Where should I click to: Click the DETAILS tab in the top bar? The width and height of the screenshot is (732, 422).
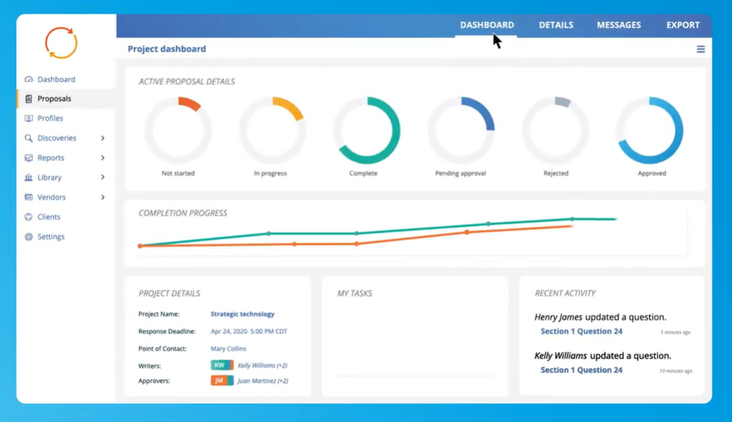tap(555, 25)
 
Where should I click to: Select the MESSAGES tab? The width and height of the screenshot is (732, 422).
tap(618, 25)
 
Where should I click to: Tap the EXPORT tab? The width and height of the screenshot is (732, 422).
tap(682, 25)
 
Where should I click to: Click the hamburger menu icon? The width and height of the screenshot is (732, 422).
tap(700, 50)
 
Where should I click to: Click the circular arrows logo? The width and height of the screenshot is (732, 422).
tap(61, 43)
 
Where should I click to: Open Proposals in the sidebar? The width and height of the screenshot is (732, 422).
tap(54, 99)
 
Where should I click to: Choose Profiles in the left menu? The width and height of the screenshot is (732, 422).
tap(50, 119)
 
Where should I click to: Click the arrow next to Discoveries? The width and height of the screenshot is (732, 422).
tap(102, 138)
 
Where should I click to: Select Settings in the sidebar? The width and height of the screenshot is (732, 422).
tap(50, 237)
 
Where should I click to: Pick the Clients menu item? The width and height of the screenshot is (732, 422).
tap(49, 217)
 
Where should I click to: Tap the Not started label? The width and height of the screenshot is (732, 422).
tap(178, 174)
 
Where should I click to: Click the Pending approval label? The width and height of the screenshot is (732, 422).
tap(460, 174)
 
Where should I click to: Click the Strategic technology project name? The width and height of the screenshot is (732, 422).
tap(242, 314)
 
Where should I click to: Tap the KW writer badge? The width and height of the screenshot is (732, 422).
tap(220, 366)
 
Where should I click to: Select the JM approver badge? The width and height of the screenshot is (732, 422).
tap(220, 381)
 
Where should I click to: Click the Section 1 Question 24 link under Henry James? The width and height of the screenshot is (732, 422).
tap(581, 332)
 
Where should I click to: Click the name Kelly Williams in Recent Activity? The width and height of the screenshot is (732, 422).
tap(561, 356)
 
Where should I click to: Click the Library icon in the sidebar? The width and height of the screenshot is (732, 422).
tap(28, 178)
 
